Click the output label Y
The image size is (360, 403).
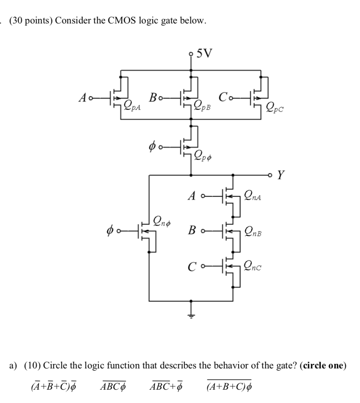click(281, 175)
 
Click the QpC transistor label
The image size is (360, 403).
click(275, 105)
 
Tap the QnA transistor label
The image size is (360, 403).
click(254, 194)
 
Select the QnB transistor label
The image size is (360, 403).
click(254, 231)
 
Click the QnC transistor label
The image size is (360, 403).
click(254, 267)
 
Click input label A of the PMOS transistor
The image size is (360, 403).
click(82, 97)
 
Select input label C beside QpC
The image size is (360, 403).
click(223, 96)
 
